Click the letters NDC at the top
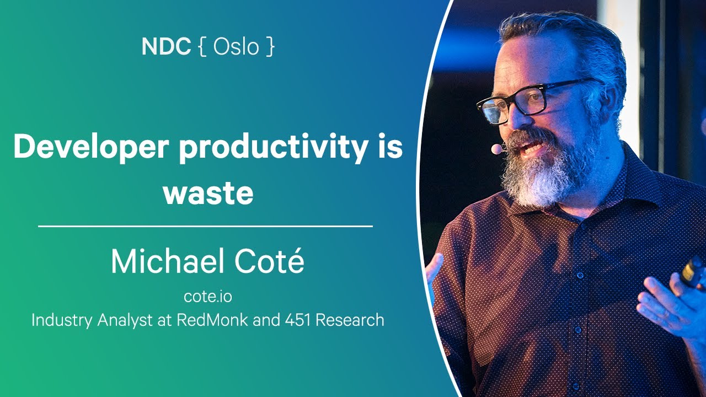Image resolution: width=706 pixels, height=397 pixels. coord(165,47)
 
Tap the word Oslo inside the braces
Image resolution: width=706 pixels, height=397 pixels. coord(236,47)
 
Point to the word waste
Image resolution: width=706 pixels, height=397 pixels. coord(208,194)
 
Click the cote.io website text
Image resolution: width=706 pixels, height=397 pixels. coord(208,296)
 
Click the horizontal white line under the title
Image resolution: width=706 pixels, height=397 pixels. coord(205,226)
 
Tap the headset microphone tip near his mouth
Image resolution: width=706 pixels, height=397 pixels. coord(497,149)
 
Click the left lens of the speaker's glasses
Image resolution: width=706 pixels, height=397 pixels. coord(494,109)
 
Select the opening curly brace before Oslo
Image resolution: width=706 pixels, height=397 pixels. coord(202,47)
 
